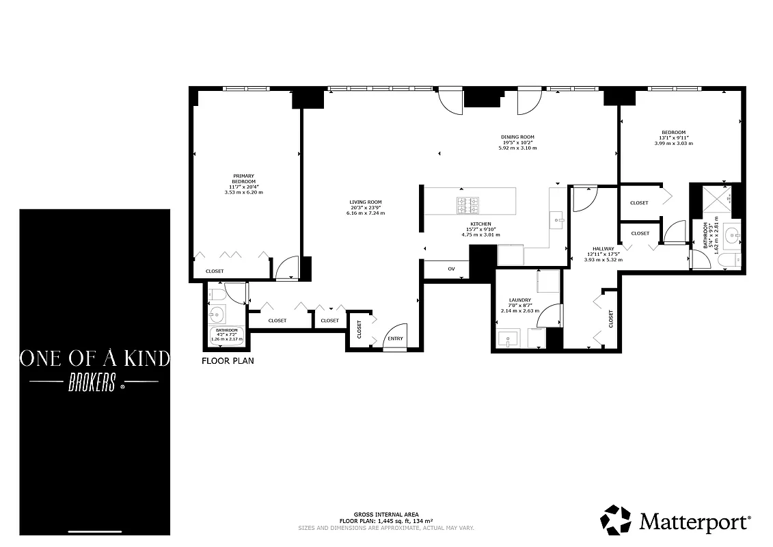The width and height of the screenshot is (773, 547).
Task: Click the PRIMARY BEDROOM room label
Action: [x=243, y=178]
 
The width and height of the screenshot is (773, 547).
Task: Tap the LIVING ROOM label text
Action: [x=366, y=202]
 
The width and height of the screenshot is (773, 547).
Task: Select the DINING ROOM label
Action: [x=517, y=137]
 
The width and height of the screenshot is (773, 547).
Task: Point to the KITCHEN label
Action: [x=480, y=224]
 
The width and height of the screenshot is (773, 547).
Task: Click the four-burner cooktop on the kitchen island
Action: [x=467, y=203]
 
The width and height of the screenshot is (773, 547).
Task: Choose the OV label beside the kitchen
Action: [x=451, y=269]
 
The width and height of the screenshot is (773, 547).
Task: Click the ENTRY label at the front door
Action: [x=395, y=339]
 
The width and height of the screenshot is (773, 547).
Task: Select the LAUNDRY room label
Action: [x=520, y=300]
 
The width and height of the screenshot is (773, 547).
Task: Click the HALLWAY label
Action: [x=604, y=249]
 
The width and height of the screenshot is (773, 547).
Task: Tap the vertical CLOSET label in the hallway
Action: [x=610, y=318]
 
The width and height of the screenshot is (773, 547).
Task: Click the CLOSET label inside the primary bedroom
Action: [x=215, y=271]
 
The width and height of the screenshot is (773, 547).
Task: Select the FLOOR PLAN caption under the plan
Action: [x=228, y=360]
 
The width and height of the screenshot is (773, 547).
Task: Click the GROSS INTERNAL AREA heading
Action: [x=386, y=514]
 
